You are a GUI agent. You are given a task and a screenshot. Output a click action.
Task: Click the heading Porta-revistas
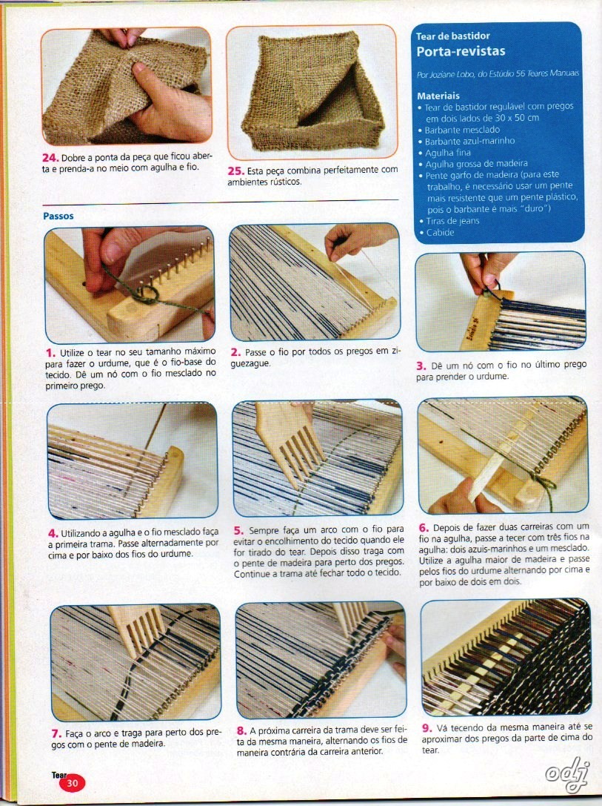(461, 51)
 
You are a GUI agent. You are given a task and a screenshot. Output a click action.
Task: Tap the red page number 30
(73, 783)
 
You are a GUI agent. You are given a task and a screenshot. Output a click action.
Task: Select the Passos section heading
(58, 217)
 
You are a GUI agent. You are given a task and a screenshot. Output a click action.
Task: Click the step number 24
(50, 158)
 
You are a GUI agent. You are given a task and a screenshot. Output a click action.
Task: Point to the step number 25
(236, 170)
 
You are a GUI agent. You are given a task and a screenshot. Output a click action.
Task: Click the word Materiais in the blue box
(438, 96)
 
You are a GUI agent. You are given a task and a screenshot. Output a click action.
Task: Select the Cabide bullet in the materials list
(440, 232)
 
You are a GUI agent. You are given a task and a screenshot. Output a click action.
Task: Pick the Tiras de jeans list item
(452, 221)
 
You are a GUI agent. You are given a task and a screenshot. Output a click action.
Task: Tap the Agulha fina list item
(448, 152)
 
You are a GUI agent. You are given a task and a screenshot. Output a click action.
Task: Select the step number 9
(427, 727)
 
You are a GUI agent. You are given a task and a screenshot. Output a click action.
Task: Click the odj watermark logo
(566, 771)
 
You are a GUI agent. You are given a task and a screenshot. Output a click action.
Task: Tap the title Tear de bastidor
(452, 36)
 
